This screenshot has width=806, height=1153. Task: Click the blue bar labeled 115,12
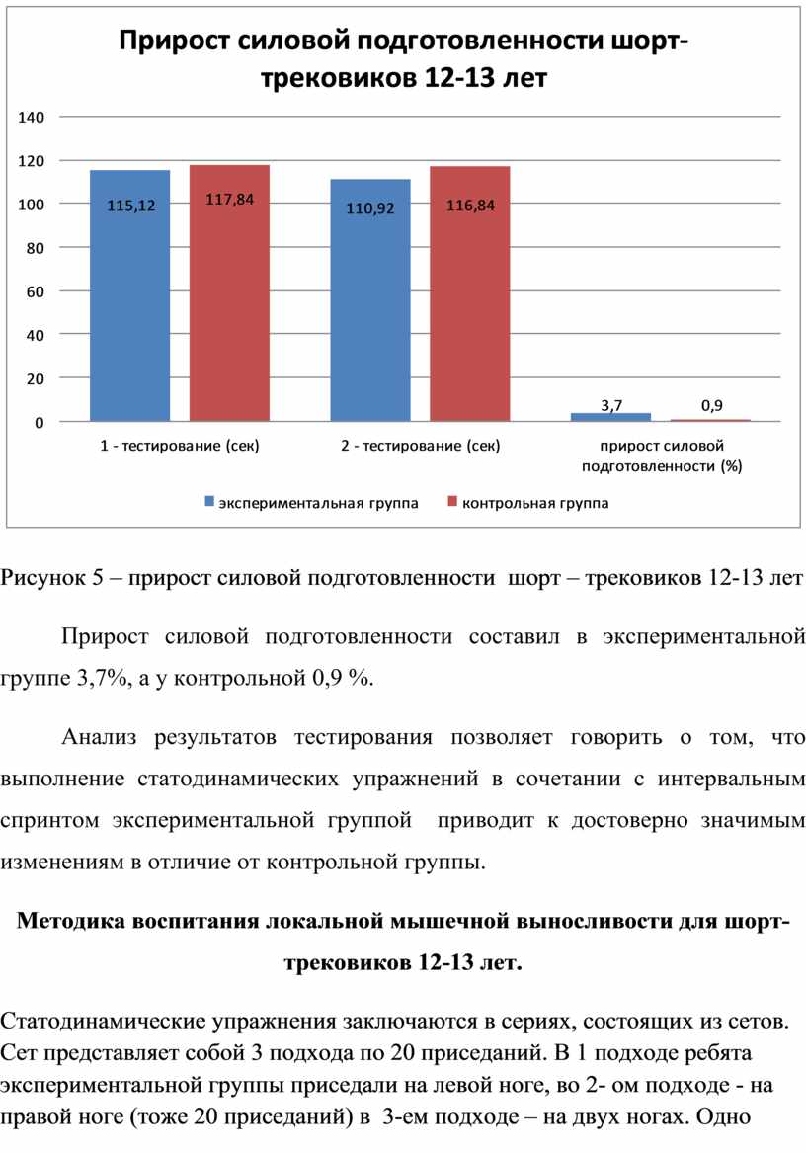(x=130, y=295)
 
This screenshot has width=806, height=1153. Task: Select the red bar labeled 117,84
(x=229, y=292)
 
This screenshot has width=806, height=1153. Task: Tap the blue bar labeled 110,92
(x=370, y=300)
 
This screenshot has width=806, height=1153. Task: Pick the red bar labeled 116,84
(x=470, y=293)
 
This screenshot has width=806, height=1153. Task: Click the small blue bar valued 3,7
(x=611, y=417)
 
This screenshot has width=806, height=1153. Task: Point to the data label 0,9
(x=712, y=405)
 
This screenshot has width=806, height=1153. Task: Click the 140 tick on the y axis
(x=31, y=117)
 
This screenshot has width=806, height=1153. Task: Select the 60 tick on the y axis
(x=36, y=291)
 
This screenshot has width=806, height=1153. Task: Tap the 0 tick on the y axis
(x=40, y=423)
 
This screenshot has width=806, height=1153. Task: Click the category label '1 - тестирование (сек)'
(x=180, y=446)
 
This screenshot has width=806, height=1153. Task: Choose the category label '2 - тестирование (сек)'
(x=421, y=446)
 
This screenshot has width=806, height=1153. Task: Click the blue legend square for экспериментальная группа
(x=209, y=502)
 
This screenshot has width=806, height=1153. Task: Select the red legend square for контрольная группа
(x=452, y=502)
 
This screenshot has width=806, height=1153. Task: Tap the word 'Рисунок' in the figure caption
(x=41, y=579)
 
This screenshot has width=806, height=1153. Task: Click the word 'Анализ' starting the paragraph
(x=100, y=737)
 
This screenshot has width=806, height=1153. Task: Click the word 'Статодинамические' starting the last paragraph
(x=103, y=1022)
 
